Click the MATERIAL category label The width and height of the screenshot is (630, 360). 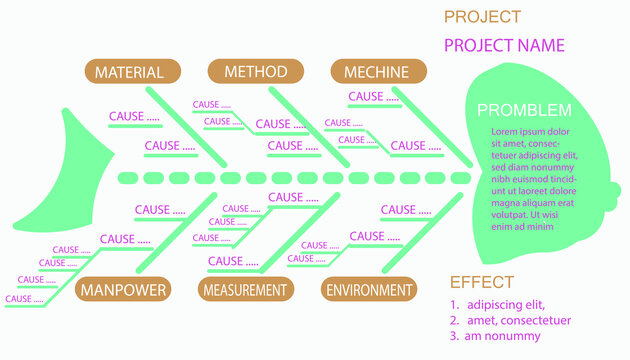pyautogui.click(x=130, y=72)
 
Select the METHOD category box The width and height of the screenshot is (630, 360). pyautogui.click(x=255, y=72)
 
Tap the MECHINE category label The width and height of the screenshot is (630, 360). pyautogui.click(x=377, y=72)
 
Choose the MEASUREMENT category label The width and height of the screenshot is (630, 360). pyautogui.click(x=245, y=290)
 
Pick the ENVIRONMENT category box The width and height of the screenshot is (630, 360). pyautogui.click(x=369, y=290)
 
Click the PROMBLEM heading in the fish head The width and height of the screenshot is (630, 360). pyautogui.click(x=524, y=110)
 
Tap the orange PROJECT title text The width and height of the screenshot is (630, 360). pyautogui.click(x=482, y=17)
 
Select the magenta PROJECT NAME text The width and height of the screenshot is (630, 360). pyautogui.click(x=504, y=45)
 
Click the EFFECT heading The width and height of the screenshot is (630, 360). pyautogui.click(x=481, y=282)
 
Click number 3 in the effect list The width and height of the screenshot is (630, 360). pyautogui.click(x=453, y=337)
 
